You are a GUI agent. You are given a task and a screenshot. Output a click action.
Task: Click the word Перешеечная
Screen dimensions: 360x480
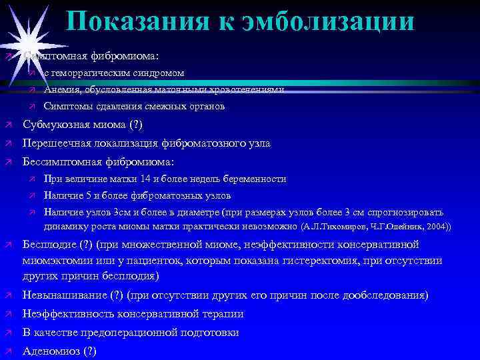pos(57,143)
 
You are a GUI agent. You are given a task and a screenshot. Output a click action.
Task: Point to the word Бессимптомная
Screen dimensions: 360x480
pos(62,162)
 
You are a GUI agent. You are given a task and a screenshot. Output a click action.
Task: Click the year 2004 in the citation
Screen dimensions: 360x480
pos(437,227)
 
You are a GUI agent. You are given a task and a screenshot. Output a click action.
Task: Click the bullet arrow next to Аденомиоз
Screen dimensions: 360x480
pos(7,351)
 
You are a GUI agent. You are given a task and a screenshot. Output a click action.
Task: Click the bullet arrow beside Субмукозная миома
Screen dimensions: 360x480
pos(7,125)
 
